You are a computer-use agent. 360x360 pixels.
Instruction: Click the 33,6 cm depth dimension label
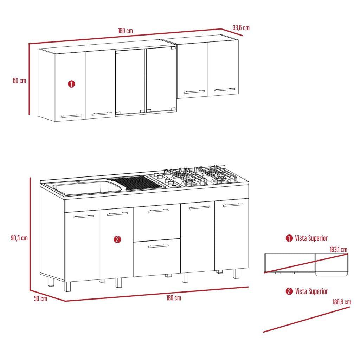(x=241, y=28)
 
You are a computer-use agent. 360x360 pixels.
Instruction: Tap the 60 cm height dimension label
(x=20, y=81)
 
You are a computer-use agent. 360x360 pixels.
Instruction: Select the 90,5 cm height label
(x=19, y=238)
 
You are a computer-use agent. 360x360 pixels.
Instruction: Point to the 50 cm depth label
(x=41, y=298)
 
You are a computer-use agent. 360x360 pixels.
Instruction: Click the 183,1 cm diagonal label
(x=339, y=250)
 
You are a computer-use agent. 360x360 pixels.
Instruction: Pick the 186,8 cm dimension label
(x=342, y=302)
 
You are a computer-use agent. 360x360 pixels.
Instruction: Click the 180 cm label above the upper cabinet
(x=126, y=31)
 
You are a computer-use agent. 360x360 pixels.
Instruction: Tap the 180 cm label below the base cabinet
(x=174, y=298)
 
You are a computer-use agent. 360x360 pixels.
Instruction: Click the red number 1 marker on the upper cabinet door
(x=71, y=84)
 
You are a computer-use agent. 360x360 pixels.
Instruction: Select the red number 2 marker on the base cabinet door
(x=117, y=239)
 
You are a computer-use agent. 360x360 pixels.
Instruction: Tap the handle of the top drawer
(x=158, y=211)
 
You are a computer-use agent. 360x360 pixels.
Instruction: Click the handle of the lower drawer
(x=158, y=246)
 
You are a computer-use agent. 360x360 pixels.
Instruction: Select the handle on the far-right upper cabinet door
(x=225, y=89)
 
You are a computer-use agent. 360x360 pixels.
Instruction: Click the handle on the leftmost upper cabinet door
(x=71, y=116)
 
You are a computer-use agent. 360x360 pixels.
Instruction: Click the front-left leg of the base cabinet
(x=67, y=287)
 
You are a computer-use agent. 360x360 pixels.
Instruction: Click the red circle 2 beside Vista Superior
(x=289, y=291)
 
